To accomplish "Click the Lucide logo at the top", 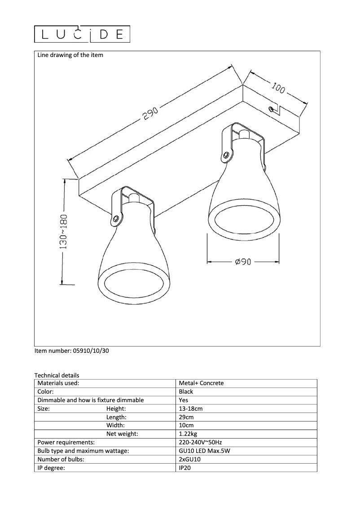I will [82, 35].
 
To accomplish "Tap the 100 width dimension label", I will [278, 88].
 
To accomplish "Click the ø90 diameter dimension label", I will [242, 262].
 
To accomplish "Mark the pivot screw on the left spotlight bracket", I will [116, 219].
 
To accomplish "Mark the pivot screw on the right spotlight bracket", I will [226, 155].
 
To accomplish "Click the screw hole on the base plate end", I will [271, 109].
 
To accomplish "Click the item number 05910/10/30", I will [71, 351].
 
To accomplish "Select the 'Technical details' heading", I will [57, 375].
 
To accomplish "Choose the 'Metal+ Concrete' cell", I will [201, 383].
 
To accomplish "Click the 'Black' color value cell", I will [186, 392].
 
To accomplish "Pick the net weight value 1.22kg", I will [188, 434].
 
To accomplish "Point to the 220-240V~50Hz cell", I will [200, 443].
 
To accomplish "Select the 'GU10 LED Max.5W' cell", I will [204, 451].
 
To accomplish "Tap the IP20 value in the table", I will [186, 468].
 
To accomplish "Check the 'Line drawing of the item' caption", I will [70, 55].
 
